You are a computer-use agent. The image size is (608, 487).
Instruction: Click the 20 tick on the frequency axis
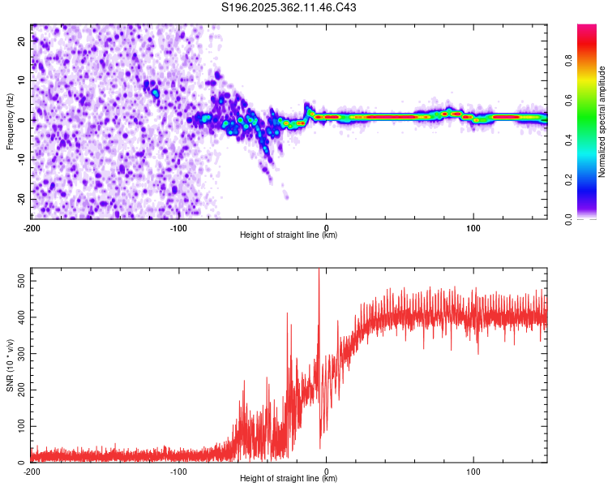point(22,42)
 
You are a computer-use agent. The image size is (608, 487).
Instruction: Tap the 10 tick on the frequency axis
point(22,81)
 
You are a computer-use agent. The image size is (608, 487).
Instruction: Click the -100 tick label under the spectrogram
point(178,226)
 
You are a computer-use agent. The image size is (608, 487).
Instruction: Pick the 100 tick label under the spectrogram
point(473,226)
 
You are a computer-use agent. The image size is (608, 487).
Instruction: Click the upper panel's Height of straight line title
point(289,235)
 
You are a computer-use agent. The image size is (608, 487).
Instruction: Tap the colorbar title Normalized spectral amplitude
point(602,122)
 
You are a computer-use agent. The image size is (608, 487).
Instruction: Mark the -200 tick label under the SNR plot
point(31,471)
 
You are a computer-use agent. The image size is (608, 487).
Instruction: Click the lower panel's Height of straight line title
point(289,479)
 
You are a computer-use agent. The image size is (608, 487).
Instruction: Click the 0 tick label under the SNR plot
point(326,471)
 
